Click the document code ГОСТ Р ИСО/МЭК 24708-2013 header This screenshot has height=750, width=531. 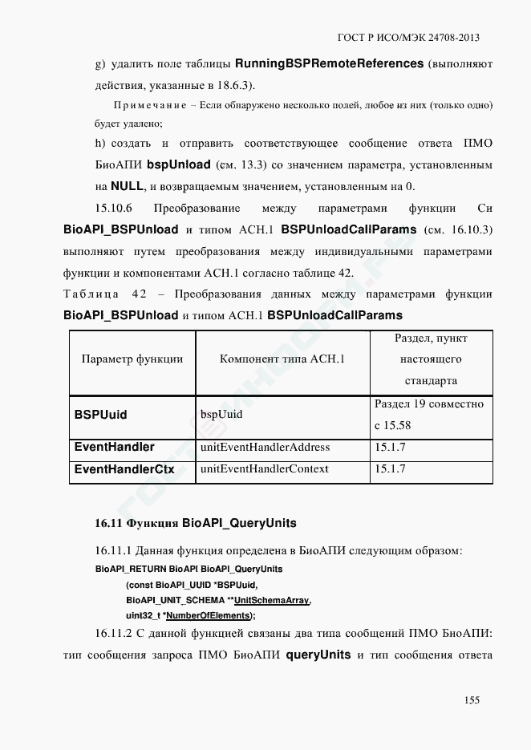click(410, 38)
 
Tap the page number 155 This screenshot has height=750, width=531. click(472, 700)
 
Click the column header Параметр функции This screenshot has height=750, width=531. click(132, 359)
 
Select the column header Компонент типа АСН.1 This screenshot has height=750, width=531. click(282, 359)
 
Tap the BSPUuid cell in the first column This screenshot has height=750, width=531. click(100, 415)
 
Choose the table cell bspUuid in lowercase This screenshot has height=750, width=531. click(221, 415)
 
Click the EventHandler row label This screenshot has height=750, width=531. click(114, 447)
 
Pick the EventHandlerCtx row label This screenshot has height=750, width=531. click(124, 469)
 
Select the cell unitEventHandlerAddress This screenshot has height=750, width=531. click(265, 447)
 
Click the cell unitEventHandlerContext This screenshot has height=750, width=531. click(264, 469)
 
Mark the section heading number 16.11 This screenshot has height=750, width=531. click(107, 524)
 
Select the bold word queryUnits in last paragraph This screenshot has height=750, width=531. click(318, 655)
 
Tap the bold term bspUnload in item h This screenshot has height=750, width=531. click(179, 165)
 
